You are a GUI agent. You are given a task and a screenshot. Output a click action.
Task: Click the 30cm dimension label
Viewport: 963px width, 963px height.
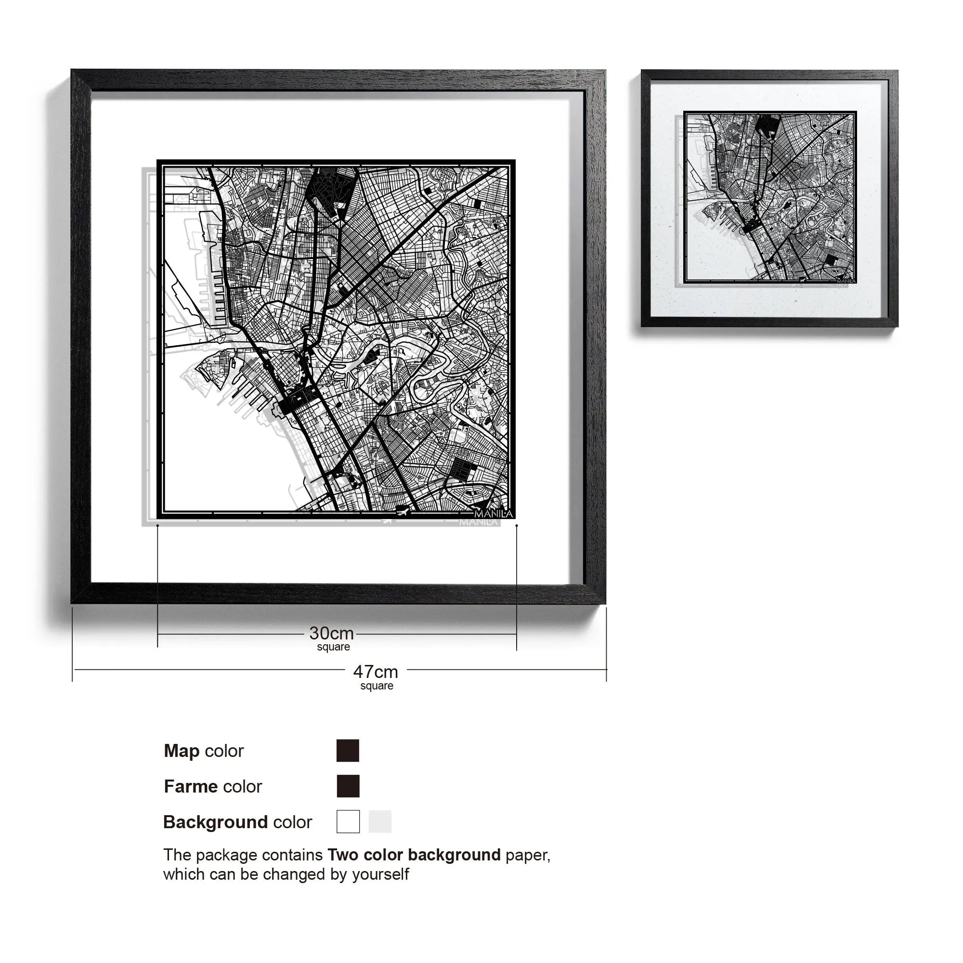click(x=331, y=634)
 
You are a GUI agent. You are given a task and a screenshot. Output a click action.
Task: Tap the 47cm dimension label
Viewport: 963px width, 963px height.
click(x=376, y=672)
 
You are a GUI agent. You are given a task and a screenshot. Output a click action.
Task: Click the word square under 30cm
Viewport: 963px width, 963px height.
click(x=333, y=647)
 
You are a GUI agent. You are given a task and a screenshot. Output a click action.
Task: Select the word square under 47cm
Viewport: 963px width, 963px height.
click(x=377, y=686)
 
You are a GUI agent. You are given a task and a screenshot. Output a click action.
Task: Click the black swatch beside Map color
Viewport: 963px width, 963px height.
click(x=348, y=751)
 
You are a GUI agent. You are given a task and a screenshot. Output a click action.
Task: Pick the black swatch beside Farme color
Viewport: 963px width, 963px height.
click(x=348, y=786)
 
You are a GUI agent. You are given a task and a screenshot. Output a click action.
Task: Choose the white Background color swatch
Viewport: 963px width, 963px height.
click(x=348, y=821)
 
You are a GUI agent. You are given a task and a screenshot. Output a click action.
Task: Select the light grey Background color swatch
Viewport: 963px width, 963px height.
click(x=380, y=821)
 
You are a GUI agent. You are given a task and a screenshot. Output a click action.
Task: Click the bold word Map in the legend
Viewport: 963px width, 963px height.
click(x=182, y=751)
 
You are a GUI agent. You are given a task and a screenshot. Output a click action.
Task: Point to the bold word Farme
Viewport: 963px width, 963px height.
click(x=192, y=787)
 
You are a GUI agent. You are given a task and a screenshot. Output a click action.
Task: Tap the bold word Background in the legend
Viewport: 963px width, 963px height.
click(x=215, y=822)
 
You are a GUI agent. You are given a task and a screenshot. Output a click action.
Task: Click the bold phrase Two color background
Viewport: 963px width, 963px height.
click(x=414, y=855)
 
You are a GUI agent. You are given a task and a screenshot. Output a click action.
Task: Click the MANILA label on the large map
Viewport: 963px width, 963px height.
click(x=493, y=514)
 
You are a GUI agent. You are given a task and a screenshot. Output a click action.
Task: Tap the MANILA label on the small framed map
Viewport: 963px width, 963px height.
click(x=846, y=281)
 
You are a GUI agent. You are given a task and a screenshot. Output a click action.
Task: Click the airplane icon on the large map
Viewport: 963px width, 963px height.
click(x=402, y=510)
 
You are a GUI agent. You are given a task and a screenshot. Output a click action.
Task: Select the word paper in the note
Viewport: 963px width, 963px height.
click(x=527, y=855)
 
